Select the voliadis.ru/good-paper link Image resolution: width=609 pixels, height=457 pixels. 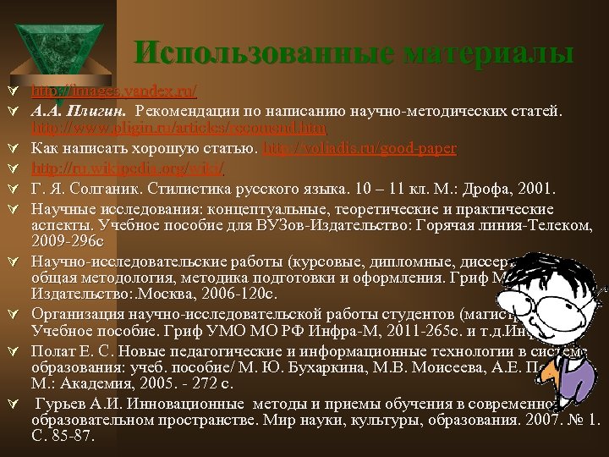coord(360,147)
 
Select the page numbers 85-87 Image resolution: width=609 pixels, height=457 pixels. coord(74,438)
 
